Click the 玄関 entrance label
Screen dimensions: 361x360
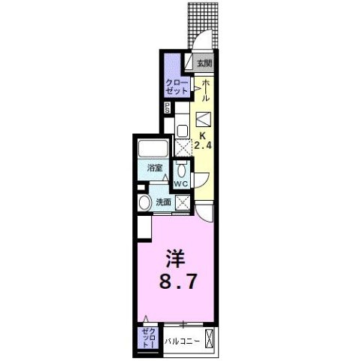coord(204,63)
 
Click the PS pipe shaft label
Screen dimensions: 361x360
coord(167,110)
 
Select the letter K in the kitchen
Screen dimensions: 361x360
coord(202,135)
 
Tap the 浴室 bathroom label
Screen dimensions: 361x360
coord(155,168)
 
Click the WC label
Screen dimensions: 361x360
coord(181,184)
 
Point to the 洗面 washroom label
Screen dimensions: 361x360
coord(163,202)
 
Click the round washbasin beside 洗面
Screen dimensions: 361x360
coord(144,202)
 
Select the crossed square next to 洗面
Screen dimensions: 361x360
coord(181,202)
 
